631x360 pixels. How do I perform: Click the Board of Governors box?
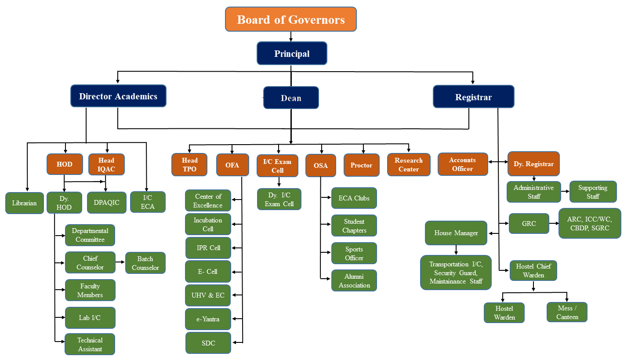(x=291, y=19)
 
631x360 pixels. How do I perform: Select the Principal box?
(x=292, y=53)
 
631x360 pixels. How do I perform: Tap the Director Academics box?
(x=118, y=96)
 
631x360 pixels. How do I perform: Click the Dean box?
(x=291, y=98)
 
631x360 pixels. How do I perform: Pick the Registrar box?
(x=474, y=97)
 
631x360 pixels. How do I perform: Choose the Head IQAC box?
(x=106, y=164)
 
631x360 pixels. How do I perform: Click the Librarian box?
(x=25, y=203)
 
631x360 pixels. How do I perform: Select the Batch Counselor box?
(x=145, y=263)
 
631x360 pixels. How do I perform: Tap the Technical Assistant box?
(x=90, y=344)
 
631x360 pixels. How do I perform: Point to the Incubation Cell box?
(x=208, y=224)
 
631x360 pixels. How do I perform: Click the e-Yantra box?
(x=208, y=319)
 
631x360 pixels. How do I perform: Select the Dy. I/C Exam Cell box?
(x=279, y=199)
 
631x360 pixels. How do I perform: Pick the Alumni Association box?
(x=354, y=280)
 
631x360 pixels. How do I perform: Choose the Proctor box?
(x=361, y=165)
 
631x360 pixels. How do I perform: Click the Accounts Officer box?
(x=463, y=164)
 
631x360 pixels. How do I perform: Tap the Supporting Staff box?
(x=593, y=192)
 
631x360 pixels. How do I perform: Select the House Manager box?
(x=456, y=233)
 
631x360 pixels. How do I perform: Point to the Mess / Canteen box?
(x=567, y=312)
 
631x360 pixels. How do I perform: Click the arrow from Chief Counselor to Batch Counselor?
(x=120, y=262)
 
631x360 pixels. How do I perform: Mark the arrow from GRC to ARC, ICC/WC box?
(x=554, y=223)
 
